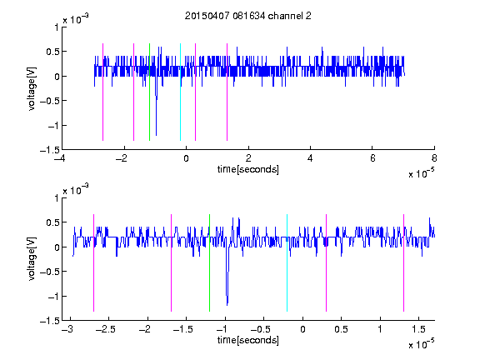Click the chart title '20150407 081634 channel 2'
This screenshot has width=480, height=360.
coord(248,16)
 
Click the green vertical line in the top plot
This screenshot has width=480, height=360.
coord(149,92)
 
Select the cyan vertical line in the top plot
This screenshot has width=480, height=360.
coord(180,92)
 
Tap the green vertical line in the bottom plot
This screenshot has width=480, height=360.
coord(209,262)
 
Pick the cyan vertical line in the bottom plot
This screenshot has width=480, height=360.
coord(287,262)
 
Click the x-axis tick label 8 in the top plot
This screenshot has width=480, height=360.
coord(434,158)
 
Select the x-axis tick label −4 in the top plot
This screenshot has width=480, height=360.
coord(60,158)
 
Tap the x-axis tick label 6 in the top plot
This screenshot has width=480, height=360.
coord(372,158)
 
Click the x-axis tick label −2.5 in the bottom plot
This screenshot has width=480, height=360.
coord(105,329)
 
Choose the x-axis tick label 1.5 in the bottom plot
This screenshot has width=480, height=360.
coord(418,329)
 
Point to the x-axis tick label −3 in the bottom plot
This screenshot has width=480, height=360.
coord(67,329)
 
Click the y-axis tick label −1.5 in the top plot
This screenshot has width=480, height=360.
coord(50,150)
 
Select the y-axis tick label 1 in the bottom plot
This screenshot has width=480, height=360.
coord(57,198)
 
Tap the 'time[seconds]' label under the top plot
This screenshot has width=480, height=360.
coord(248,169)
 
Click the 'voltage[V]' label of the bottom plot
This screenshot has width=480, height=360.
coord(32,259)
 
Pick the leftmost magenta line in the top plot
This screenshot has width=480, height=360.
coord(102,92)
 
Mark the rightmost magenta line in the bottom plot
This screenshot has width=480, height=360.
coord(403,262)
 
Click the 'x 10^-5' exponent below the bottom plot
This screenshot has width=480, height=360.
coord(421,343)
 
